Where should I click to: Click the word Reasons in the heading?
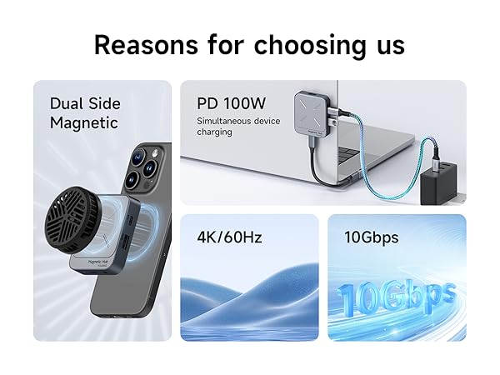tap(146, 45)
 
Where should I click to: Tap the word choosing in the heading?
tap(310, 47)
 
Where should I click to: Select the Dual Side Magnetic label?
tap(85, 113)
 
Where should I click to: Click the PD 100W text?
tap(231, 103)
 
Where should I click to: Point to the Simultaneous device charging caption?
tap(238, 127)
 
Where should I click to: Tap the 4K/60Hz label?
tap(229, 237)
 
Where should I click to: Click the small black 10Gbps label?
tap(371, 237)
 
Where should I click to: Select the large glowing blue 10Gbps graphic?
tap(397, 297)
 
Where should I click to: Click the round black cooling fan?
tap(69, 220)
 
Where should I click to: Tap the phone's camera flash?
tap(155, 153)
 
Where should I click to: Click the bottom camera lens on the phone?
tap(132, 180)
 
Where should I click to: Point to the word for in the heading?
tap(226, 45)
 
